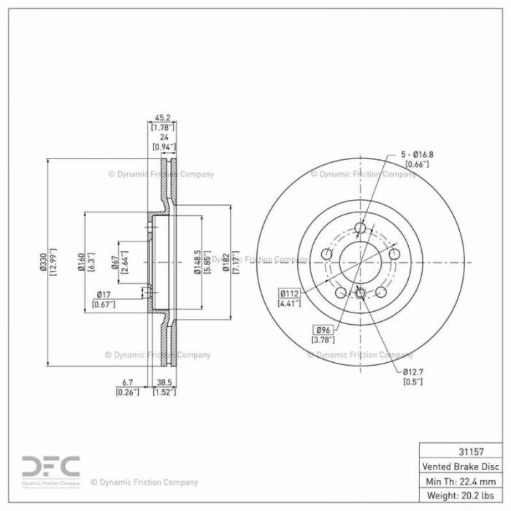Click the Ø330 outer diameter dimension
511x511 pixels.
pos(43,262)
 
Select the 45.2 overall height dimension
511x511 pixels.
pos(162,118)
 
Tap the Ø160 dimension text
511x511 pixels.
pos(81,262)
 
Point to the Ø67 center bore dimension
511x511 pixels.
pos(115,262)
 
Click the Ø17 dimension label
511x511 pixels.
pos(104,295)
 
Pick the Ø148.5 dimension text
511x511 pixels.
pos(198,262)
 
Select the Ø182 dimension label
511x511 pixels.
pos(226,262)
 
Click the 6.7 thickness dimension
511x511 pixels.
pos(127,383)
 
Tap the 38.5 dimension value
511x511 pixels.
pos(164,383)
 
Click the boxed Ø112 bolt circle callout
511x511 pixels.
pos(289,293)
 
